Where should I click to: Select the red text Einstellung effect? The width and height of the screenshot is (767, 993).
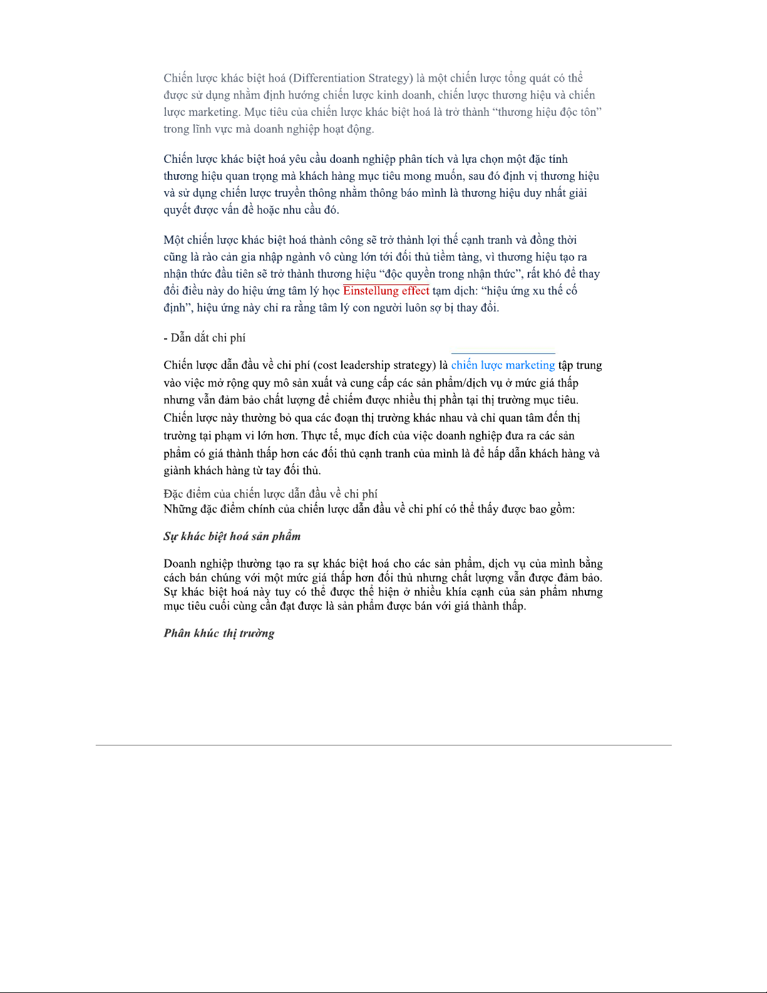point(386,291)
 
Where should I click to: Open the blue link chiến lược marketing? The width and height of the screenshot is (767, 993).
point(503,365)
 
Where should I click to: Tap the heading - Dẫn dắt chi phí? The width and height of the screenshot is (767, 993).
point(205,338)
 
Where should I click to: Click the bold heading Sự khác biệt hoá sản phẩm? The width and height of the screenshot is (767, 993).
point(232,536)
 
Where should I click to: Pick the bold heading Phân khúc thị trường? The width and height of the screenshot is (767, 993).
point(219,633)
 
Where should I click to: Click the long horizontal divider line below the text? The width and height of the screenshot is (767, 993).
point(383,745)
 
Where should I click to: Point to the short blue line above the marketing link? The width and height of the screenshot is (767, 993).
point(503,354)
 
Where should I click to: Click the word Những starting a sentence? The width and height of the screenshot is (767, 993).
point(180,509)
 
